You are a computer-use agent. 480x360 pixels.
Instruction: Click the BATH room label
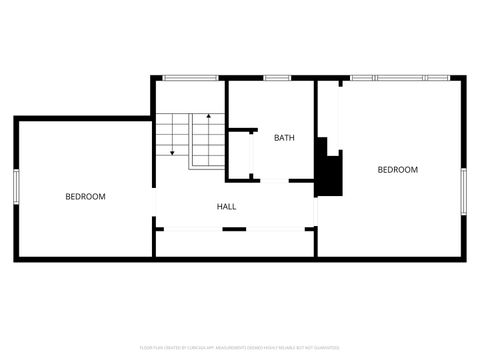pos(284,138)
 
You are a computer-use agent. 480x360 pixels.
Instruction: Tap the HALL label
pos(227,207)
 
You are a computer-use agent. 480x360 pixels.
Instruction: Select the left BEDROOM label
pos(85,197)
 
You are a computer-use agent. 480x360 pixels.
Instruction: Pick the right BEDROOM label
pos(397,170)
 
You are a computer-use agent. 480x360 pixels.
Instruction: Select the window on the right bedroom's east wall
pos(463,190)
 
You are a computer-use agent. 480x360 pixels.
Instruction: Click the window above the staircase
pos(190,78)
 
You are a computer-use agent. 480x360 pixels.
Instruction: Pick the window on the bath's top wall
pos(277,78)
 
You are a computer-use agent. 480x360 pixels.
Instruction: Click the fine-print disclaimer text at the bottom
pos(240,348)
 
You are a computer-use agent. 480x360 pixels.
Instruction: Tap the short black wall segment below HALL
pos(234,229)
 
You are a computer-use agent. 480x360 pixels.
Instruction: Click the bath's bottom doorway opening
pos(269,180)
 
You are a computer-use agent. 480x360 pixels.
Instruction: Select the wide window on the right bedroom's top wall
pos(400,78)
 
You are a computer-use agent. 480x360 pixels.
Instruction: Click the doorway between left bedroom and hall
pos(155,205)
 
